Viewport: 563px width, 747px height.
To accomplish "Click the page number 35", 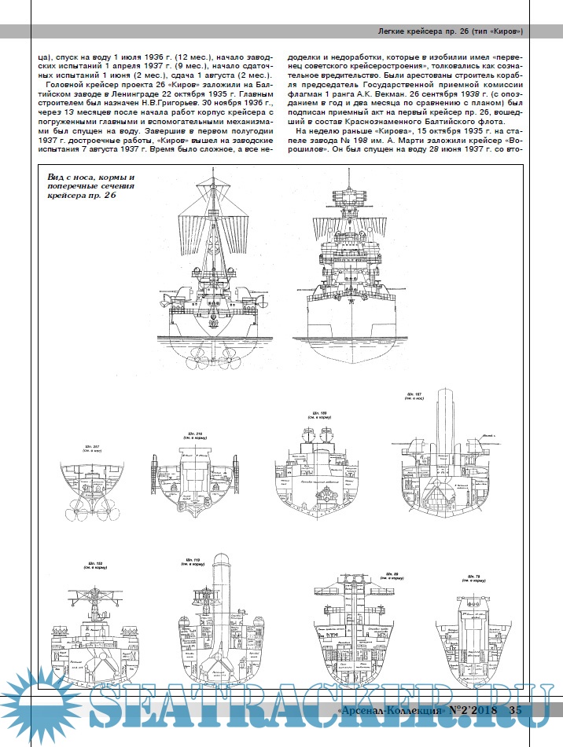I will click(514, 711).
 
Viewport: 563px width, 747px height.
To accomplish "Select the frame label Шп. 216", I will click(194, 434).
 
